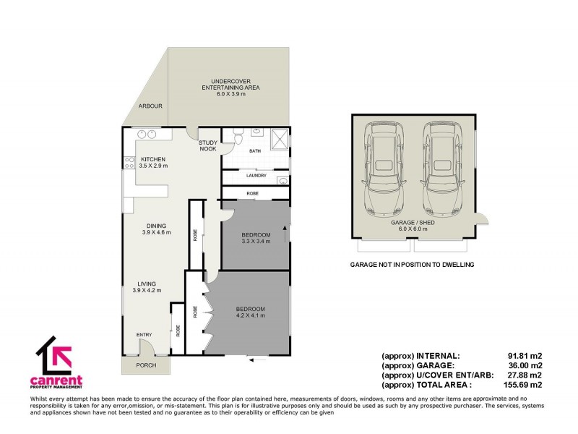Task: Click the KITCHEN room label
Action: (153, 159)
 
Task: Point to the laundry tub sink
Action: (282, 180)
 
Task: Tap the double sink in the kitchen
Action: (148, 134)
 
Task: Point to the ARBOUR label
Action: (150, 106)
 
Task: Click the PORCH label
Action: (147, 365)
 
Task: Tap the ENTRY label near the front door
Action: (145, 334)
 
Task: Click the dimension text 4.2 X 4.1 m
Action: (250, 316)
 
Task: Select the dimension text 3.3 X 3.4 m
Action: (256, 242)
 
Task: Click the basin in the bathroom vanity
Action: (256, 133)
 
